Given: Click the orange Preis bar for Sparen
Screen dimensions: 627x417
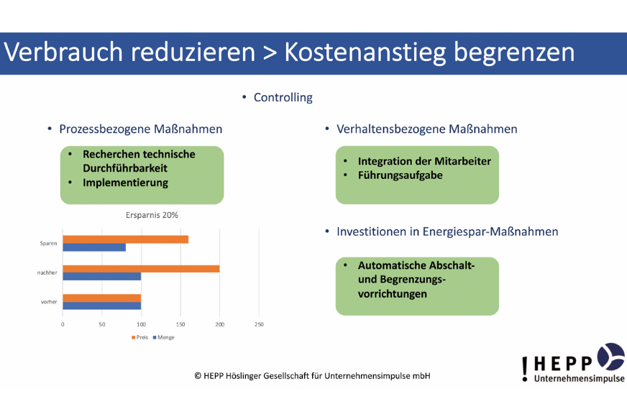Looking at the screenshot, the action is (x=126, y=239).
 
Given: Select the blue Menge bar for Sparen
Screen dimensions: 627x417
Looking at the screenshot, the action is (x=94, y=247).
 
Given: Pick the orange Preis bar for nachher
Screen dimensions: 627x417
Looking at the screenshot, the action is (x=141, y=269).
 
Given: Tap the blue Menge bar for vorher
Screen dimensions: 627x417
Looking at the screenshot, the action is (x=102, y=306).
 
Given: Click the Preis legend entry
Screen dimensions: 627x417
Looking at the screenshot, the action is (x=139, y=337).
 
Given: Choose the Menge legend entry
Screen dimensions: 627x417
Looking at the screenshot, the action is (x=163, y=337).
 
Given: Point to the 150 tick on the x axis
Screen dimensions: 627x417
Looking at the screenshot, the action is (x=180, y=324).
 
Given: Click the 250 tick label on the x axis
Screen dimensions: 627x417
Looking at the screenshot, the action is (x=259, y=324).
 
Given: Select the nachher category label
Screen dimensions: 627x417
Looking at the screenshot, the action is (x=47, y=272).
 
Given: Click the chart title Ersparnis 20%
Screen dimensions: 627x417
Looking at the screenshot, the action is (x=152, y=215).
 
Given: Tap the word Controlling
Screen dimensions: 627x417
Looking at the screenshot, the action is (x=283, y=98).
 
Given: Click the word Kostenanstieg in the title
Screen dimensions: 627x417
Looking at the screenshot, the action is (x=365, y=52).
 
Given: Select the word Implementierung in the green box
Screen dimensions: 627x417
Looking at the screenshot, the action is (x=126, y=183).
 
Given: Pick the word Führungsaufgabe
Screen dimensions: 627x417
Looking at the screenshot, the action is (x=401, y=175).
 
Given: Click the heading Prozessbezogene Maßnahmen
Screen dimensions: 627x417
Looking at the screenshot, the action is (x=141, y=129).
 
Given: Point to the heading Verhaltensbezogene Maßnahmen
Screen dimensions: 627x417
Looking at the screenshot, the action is (x=427, y=129).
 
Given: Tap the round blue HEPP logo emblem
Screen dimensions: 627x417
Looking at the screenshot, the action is (x=611, y=357).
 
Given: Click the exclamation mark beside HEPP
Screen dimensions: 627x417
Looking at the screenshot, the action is (x=525, y=369).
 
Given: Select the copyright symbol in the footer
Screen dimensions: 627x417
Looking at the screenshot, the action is (x=198, y=376).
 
